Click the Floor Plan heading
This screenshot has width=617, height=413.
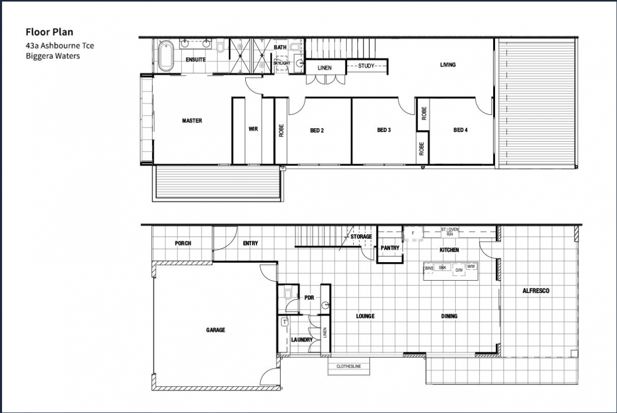click(49, 32)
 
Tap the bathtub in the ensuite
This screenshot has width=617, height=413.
click(166, 56)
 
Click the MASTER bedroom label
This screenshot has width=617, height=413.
click(192, 121)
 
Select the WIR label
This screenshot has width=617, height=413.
click(253, 129)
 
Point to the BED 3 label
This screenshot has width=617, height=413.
click(384, 130)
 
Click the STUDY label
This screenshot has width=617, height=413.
click(366, 66)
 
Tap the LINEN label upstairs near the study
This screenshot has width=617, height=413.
click(324, 68)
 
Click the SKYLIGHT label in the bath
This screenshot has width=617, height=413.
click(282, 63)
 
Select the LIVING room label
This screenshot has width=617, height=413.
click(448, 65)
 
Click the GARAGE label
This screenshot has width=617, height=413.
click(215, 330)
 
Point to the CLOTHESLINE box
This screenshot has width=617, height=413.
click(349, 366)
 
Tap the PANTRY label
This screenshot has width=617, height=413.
click(390, 248)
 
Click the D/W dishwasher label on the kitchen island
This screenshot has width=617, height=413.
click(459, 270)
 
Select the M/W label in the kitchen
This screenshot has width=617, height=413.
click(471, 267)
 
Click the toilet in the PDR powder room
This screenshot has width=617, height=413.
click(287, 294)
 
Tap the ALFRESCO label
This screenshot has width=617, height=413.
click(536, 291)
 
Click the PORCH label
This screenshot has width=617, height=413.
click(183, 244)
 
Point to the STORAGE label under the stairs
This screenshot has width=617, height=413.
click(361, 237)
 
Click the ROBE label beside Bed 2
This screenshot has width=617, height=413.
click(281, 130)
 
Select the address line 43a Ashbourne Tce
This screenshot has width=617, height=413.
click(60, 45)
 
